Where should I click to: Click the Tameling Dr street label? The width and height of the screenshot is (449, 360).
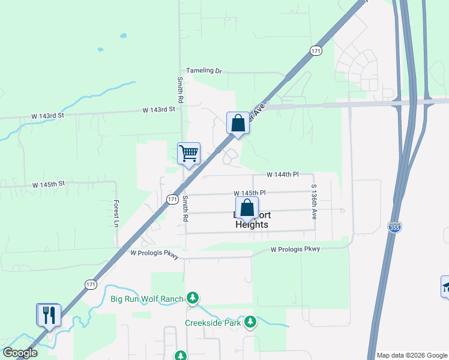(204, 71)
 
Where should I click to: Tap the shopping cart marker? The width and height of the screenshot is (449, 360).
(188, 153)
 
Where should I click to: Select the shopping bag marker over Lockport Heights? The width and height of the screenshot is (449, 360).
(247, 208)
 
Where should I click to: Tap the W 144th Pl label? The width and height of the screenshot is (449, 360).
(283, 175)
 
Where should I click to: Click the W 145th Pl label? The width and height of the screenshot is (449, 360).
(250, 193)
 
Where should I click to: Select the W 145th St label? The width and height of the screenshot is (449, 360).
(48, 185)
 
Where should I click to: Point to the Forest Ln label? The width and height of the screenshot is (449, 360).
(116, 214)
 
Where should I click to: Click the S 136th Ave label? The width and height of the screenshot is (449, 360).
(314, 202)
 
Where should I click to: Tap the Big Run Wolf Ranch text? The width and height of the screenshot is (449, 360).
(147, 298)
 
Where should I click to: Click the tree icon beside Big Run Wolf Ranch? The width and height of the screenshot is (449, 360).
(193, 298)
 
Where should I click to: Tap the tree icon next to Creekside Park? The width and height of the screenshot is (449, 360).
(250, 323)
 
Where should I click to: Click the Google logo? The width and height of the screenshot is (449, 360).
(20, 352)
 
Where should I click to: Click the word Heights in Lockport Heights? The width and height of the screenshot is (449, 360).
(252, 224)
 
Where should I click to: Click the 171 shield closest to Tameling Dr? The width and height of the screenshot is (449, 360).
(316, 52)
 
